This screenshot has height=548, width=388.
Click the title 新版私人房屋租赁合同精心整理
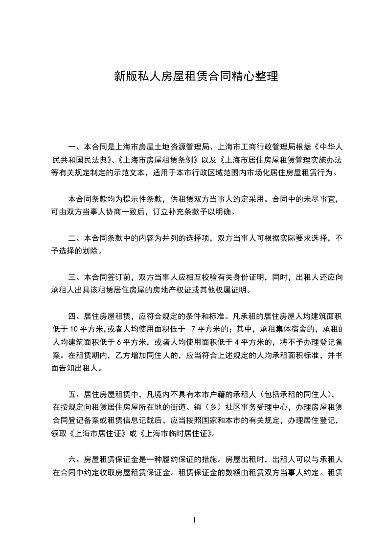click(196, 77)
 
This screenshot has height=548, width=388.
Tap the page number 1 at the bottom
click(194, 520)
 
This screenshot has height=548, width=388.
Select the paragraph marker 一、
click(76, 147)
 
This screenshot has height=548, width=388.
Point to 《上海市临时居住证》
click(177, 433)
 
